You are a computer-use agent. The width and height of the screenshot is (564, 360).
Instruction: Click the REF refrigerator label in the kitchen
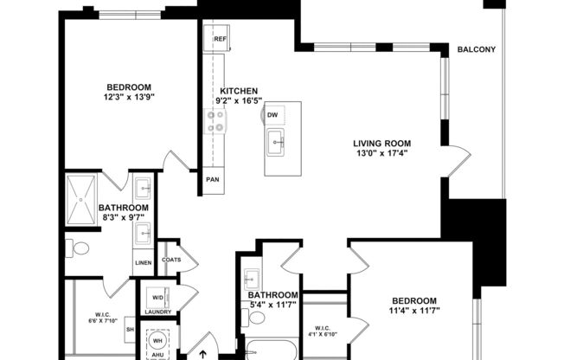(x=220, y=39)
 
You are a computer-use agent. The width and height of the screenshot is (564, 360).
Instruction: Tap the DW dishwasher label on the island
(x=272, y=114)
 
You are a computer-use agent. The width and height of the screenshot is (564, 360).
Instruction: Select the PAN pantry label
(x=212, y=180)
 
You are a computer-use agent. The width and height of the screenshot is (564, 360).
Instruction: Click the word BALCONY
(x=477, y=49)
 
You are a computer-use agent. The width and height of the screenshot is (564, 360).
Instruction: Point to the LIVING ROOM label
(x=381, y=143)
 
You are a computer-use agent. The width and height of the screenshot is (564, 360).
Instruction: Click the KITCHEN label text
(x=239, y=91)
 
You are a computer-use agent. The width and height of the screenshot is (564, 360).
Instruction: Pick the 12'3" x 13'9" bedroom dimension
(x=129, y=98)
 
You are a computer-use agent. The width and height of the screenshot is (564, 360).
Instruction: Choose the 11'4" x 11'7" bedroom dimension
(x=413, y=310)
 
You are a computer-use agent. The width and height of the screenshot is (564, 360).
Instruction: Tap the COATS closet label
(x=171, y=259)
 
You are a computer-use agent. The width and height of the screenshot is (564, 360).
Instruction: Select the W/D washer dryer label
(x=157, y=296)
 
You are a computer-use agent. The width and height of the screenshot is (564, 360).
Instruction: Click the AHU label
(x=158, y=353)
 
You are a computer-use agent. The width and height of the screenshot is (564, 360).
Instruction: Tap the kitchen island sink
(x=277, y=143)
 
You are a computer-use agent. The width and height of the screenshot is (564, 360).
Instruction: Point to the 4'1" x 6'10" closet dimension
(x=324, y=333)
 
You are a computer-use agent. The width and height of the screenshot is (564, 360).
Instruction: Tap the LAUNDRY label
(x=157, y=312)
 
